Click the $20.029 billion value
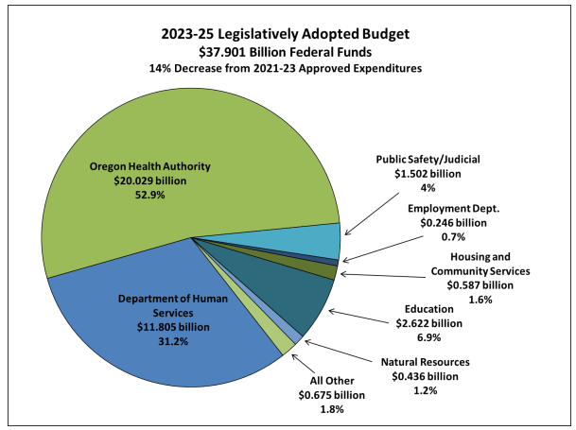163,181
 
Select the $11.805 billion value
163,327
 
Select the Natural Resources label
425,362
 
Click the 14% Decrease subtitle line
289,67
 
